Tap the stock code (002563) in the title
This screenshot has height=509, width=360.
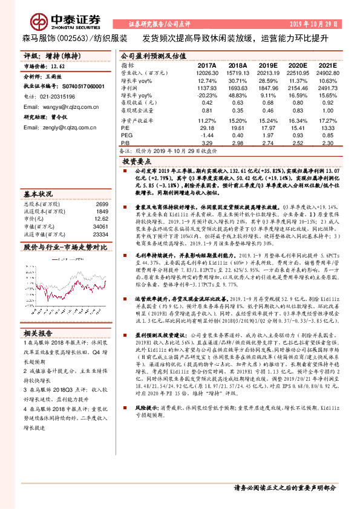click(73, 37)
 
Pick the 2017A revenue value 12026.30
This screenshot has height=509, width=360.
click(207, 73)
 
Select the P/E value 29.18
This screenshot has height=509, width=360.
click(207, 128)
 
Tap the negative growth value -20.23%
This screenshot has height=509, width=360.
click(207, 96)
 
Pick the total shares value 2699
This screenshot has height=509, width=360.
click(102, 205)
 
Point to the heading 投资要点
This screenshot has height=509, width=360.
click(136, 163)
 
